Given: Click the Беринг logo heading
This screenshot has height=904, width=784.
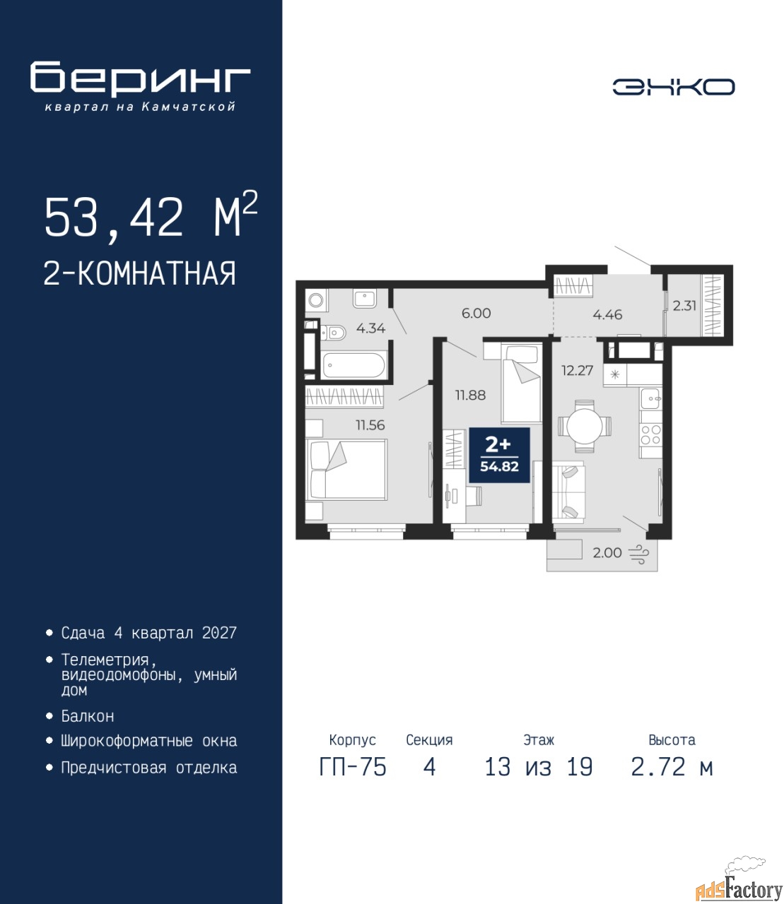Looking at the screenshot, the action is (140, 78).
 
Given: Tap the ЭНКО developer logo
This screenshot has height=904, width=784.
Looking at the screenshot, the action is (673, 87).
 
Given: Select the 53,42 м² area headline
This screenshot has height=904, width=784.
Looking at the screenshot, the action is (151, 216).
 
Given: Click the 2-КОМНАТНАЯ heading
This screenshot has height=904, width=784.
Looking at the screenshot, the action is (140, 273).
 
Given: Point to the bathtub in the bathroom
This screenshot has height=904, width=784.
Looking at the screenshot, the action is (353, 365).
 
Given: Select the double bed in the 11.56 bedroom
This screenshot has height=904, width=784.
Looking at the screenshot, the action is (346, 470).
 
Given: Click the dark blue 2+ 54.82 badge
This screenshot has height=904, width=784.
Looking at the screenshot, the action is (499, 456).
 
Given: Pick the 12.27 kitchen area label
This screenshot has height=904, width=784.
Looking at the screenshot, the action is (578, 371).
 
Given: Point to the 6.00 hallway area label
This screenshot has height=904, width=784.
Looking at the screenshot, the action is (476, 313).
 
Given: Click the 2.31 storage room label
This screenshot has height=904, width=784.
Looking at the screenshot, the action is (684, 306).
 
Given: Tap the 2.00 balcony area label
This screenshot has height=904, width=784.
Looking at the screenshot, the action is (607, 553).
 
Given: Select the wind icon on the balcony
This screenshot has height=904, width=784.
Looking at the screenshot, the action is (639, 554).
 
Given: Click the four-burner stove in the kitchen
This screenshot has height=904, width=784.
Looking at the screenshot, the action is (650, 434).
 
